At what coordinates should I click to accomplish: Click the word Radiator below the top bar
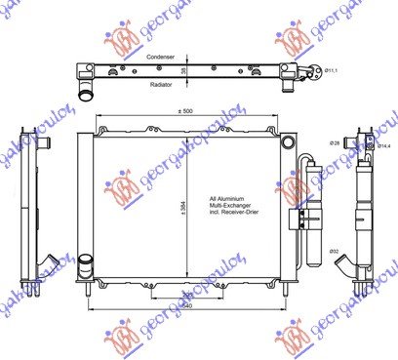pos(163,85)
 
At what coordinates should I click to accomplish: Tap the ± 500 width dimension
pos(185,112)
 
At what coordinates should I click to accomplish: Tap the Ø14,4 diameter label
pos(384,146)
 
